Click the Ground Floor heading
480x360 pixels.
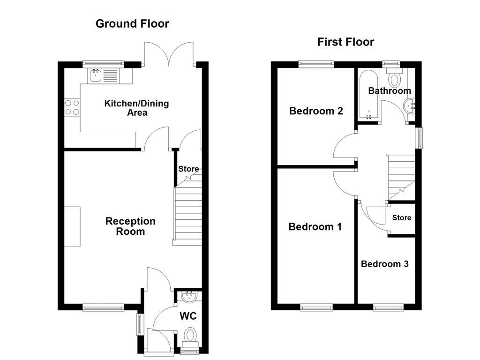point(132,23)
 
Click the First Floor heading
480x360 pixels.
point(345,42)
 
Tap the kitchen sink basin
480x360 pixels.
point(96,75)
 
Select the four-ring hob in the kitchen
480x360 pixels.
point(72,107)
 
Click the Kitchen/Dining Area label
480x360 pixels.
point(136,108)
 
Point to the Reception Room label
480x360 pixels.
point(130,226)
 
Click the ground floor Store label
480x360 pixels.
point(188,169)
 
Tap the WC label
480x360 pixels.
point(188,316)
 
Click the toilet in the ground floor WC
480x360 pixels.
point(190,337)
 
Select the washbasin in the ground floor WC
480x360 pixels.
point(189,296)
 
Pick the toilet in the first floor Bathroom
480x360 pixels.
point(395,77)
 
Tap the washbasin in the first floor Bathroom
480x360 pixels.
point(410,106)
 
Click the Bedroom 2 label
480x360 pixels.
point(316,111)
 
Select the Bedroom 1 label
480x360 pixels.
point(315,227)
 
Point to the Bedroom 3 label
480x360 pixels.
point(385,264)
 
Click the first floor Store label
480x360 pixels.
point(402,217)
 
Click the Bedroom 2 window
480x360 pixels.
point(316,64)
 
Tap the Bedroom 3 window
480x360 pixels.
point(388,307)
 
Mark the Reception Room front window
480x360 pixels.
point(104,307)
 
